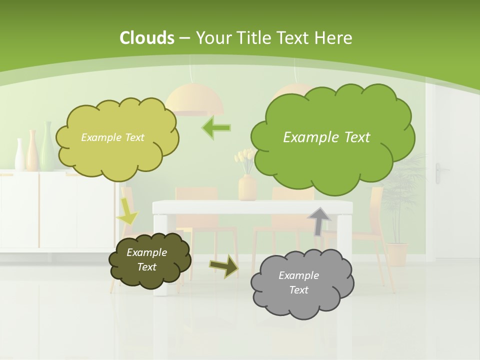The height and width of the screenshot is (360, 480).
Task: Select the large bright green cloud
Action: pyautogui.click(x=332, y=137)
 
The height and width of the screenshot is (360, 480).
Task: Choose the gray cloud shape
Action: pyautogui.click(x=301, y=283)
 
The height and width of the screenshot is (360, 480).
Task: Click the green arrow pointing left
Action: pyautogui.click(x=216, y=127)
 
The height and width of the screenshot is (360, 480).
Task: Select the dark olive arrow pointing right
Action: pyautogui.click(x=223, y=265)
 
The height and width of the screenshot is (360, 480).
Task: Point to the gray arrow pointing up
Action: pyautogui.click(x=319, y=221)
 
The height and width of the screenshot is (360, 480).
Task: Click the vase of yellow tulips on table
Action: pyautogui.click(x=246, y=180)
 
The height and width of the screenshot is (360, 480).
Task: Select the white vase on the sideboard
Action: pyautogui.click(x=19, y=155)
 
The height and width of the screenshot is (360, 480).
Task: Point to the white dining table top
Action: pyautogui.click(x=252, y=206)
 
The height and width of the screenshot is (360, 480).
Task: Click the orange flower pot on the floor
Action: pyautogui.click(x=397, y=254)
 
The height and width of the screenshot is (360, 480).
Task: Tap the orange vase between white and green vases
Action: pyautogui.click(x=32, y=150)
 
